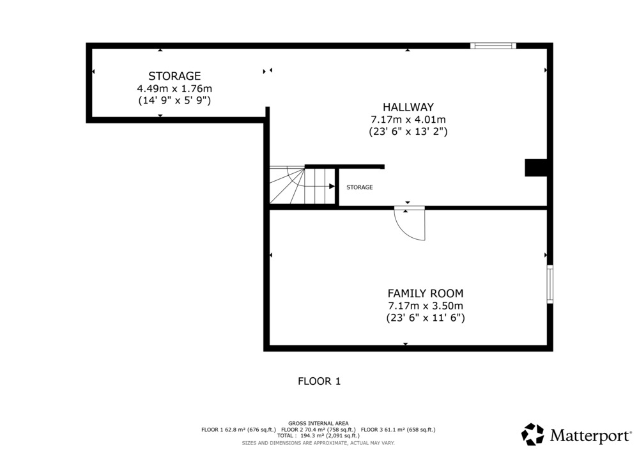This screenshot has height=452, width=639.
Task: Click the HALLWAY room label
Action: pos(408,107)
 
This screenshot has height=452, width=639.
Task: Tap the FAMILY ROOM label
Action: pos(425,293)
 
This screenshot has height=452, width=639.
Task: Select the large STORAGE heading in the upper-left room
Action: pos(174,76)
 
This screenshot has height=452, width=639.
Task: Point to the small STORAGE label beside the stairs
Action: pos(359,187)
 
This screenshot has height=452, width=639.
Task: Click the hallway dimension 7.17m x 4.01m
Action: pos(408,120)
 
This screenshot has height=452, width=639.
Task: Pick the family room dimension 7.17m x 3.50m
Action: pos(425,306)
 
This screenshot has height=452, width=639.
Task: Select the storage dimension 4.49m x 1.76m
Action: pos(174,88)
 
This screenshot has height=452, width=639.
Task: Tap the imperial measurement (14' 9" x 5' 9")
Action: pos(174,100)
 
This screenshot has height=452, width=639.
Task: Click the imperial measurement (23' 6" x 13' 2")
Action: pos(408,132)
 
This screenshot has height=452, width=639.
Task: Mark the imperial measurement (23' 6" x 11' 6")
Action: pos(425,318)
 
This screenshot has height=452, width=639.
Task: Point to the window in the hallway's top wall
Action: pos(493,45)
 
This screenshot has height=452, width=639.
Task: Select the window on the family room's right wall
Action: pos(550,284)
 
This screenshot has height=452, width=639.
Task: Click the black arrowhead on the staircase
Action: pos(332,186)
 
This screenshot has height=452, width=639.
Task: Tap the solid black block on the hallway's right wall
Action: pos(535,168)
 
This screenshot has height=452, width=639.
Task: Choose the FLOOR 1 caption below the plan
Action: pos(319,382)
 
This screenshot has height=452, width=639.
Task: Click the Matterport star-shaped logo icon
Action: pos(533,435)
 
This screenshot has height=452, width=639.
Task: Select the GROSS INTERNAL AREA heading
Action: pos(318,423)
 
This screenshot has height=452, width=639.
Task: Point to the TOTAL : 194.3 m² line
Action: pos(318,435)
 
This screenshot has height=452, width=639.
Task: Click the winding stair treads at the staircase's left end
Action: pos(287,185)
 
